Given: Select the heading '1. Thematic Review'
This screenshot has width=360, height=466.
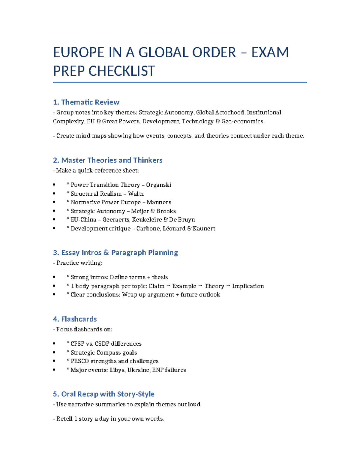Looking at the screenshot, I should pos(86,102).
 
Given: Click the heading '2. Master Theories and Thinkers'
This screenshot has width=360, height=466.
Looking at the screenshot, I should pos(107,160).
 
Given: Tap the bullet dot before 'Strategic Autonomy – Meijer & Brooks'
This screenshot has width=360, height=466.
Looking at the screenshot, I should pos(54,211).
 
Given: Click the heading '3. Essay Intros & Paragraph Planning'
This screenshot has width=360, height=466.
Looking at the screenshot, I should pos(115,252).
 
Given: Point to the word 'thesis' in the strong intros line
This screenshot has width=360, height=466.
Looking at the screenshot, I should pos(160,277).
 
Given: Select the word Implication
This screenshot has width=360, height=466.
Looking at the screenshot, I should pos(248,286).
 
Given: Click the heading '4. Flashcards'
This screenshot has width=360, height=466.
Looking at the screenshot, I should pos(75,319).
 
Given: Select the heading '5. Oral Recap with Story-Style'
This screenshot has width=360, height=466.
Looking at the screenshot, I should pos(103,394).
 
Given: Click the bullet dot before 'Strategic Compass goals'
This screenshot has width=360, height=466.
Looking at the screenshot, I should pos(54,353).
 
